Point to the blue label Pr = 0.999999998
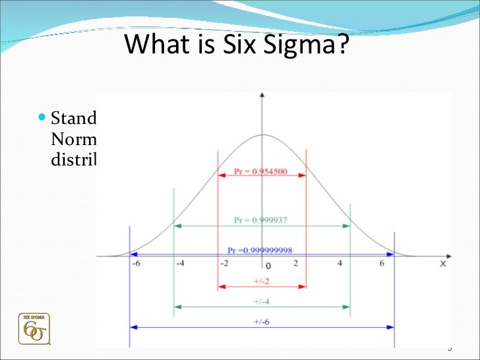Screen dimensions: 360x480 260,251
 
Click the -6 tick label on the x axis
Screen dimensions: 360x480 136,264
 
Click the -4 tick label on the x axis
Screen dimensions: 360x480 180,264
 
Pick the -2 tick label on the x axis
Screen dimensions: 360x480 224,264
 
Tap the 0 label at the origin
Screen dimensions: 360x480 268,266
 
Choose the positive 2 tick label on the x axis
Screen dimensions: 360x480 295,264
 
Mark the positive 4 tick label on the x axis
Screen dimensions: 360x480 340,264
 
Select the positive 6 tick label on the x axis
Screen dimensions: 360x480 381,264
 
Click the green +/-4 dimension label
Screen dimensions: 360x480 262,301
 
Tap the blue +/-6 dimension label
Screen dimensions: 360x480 262,321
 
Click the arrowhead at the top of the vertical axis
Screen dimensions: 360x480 262,97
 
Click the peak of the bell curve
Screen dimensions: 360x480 262,135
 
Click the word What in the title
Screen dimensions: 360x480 152,45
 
